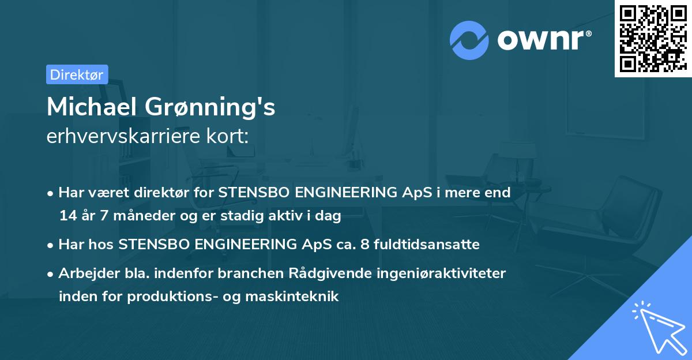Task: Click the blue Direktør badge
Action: [77, 74]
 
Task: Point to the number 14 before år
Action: [67, 216]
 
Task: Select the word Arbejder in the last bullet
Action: [85, 273]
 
